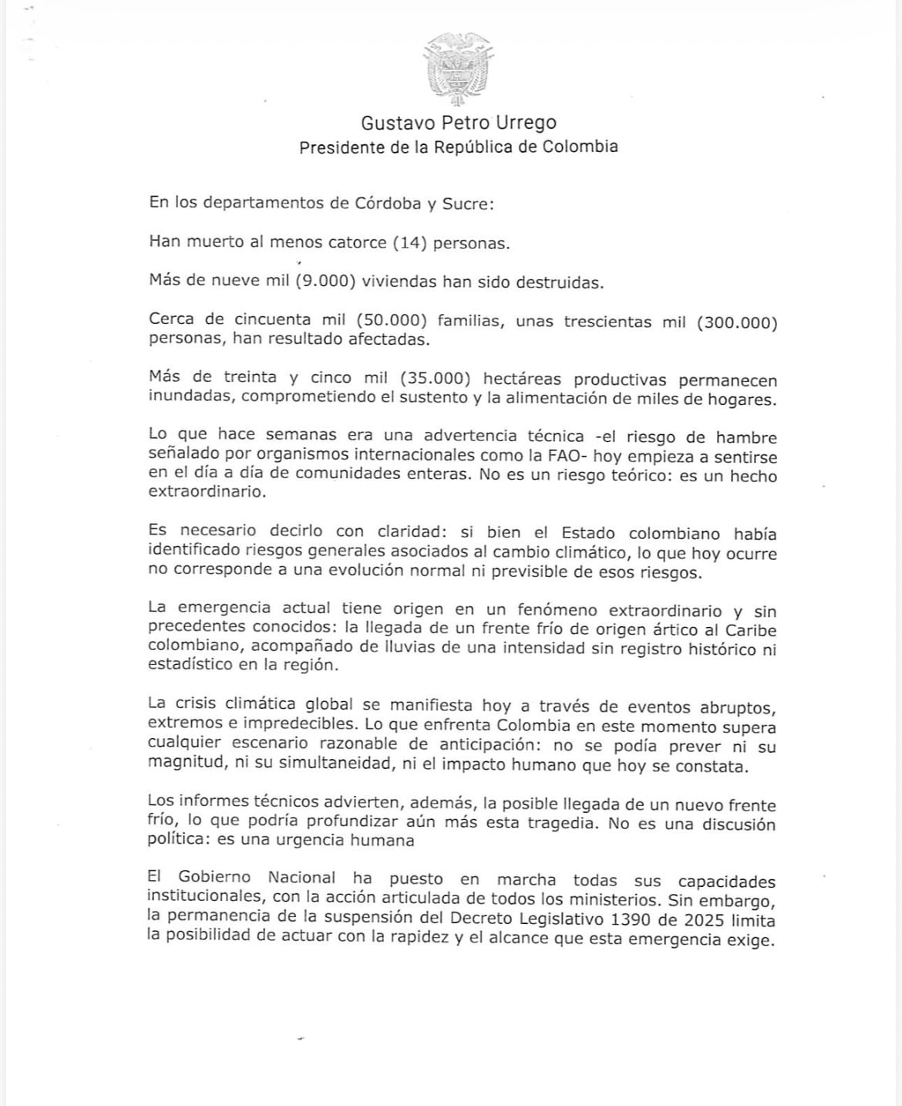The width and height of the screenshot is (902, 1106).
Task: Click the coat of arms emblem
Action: click(458, 70)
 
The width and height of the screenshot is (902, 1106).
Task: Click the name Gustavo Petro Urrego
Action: click(458, 123)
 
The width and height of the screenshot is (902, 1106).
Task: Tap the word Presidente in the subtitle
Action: click(342, 147)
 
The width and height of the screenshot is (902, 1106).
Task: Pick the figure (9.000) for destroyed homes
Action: click(326, 282)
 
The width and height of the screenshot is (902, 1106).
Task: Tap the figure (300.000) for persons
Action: click(736, 322)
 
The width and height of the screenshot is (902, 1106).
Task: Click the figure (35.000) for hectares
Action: click(436, 379)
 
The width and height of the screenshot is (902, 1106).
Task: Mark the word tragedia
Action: click(562, 823)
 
